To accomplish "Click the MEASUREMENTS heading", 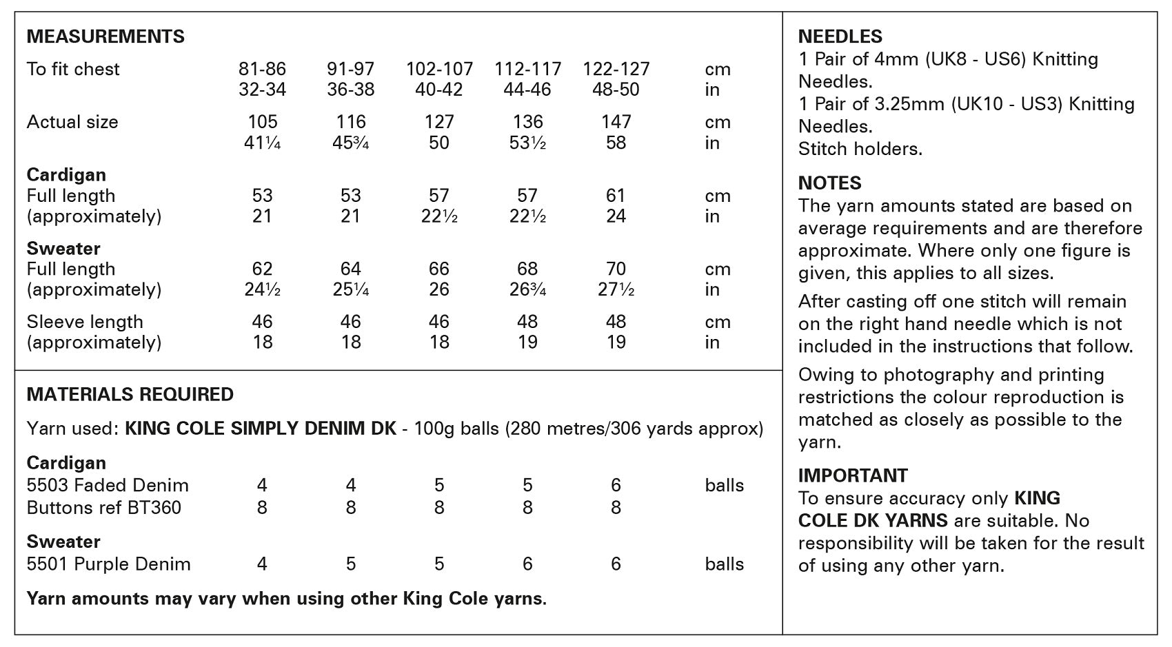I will [x=105, y=37].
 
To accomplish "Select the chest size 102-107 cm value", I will [x=439, y=69].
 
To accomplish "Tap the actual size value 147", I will [x=616, y=122].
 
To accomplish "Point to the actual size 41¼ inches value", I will [x=263, y=143].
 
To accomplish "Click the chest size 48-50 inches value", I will [x=616, y=90].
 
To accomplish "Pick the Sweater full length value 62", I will [x=263, y=269].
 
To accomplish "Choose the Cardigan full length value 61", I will [x=616, y=196].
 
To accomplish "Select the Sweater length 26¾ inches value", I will [x=527, y=289].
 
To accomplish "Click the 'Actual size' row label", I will [x=72, y=122].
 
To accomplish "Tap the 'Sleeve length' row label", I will [x=85, y=322].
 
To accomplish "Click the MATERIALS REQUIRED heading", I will [x=130, y=394].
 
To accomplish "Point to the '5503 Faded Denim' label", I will [x=108, y=485].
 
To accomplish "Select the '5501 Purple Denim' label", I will [x=108, y=564].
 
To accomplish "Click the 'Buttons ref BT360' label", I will [x=103, y=508].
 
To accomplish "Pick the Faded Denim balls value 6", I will [x=616, y=485].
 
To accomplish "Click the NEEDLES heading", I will [x=840, y=37].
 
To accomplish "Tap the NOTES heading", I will [x=829, y=183].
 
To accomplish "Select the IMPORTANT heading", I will [x=853, y=475].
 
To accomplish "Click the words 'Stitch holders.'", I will [x=860, y=149].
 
